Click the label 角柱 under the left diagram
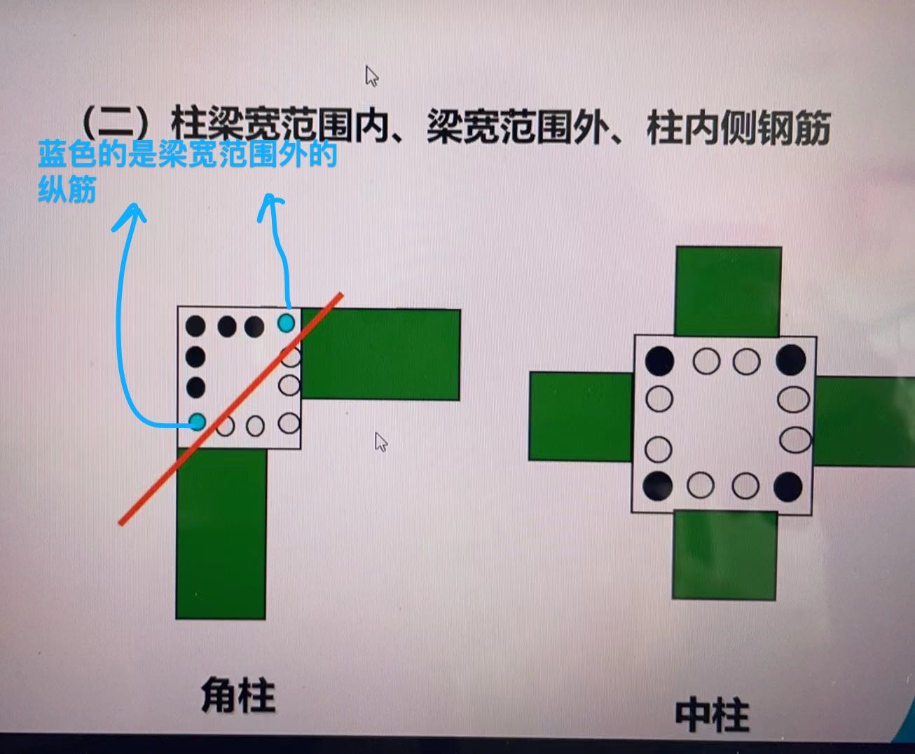pyautogui.click(x=238, y=695)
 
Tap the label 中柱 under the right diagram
pyautogui.click(x=712, y=715)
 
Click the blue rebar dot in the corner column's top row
pyautogui.click(x=286, y=323)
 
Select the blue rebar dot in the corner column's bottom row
pyautogui.click(x=197, y=422)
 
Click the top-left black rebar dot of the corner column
pyautogui.click(x=195, y=327)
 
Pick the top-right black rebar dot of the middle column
pyautogui.click(x=790, y=360)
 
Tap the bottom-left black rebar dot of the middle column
pyautogui.click(x=658, y=486)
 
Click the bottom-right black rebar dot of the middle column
pyautogui.click(x=788, y=486)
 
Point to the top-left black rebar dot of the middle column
pyautogui.click(x=659, y=361)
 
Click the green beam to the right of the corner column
pyautogui.click(x=380, y=354)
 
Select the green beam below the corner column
pyautogui.click(x=221, y=533)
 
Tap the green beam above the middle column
pyautogui.click(x=729, y=292)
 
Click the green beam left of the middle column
pyautogui.click(x=581, y=416)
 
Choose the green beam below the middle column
pyautogui.click(x=725, y=556)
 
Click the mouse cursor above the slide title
pyautogui.click(x=371, y=76)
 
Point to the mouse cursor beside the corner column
pyautogui.click(x=381, y=441)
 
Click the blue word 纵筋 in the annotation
pyautogui.click(x=67, y=189)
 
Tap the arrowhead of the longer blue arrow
pyautogui.click(x=130, y=216)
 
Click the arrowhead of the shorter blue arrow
pyautogui.click(x=270, y=205)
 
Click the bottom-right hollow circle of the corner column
pyautogui.click(x=289, y=423)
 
